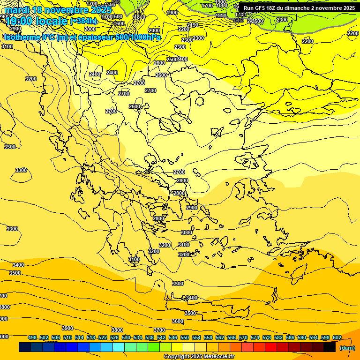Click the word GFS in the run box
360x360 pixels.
coord(262,8)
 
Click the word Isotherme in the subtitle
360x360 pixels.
coord(22,37)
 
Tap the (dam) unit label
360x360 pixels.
coord(346,348)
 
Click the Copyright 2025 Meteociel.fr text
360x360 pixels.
coord(199,356)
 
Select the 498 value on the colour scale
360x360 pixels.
coord(32,337)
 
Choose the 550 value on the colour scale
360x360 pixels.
coord(185,337)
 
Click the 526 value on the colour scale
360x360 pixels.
coord(114,337)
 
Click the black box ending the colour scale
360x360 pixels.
coord(330,347)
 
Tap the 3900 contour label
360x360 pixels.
coord(67,328)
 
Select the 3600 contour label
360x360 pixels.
coord(178,321)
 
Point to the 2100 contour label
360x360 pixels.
coord(193,25)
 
